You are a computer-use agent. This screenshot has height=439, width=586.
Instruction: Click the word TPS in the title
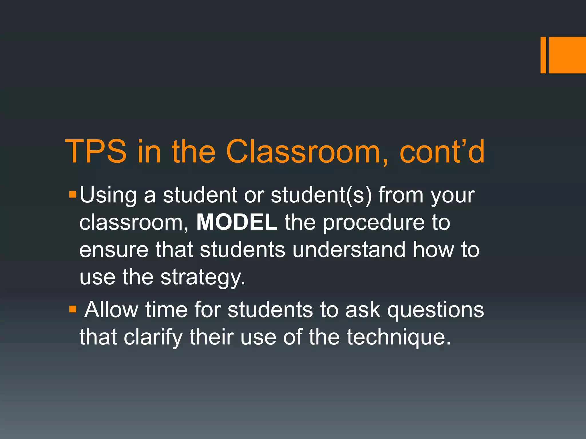tap(96, 151)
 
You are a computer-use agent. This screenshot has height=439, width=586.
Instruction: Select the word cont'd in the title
tap(442, 151)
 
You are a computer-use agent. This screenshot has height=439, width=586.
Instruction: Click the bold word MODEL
tap(237, 222)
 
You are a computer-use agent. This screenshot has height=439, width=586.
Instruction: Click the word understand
tap(349, 250)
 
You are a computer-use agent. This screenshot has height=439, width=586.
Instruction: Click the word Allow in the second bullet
tap(111, 310)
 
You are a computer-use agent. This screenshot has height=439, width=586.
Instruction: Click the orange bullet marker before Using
tap(73, 195)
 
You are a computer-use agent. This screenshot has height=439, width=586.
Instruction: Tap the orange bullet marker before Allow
tap(73, 309)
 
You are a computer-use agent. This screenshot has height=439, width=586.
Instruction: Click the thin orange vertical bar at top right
tap(543, 55)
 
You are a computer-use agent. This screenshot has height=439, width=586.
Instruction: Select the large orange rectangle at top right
tap(567, 55)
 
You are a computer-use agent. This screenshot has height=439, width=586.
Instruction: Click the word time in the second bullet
tap(166, 310)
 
